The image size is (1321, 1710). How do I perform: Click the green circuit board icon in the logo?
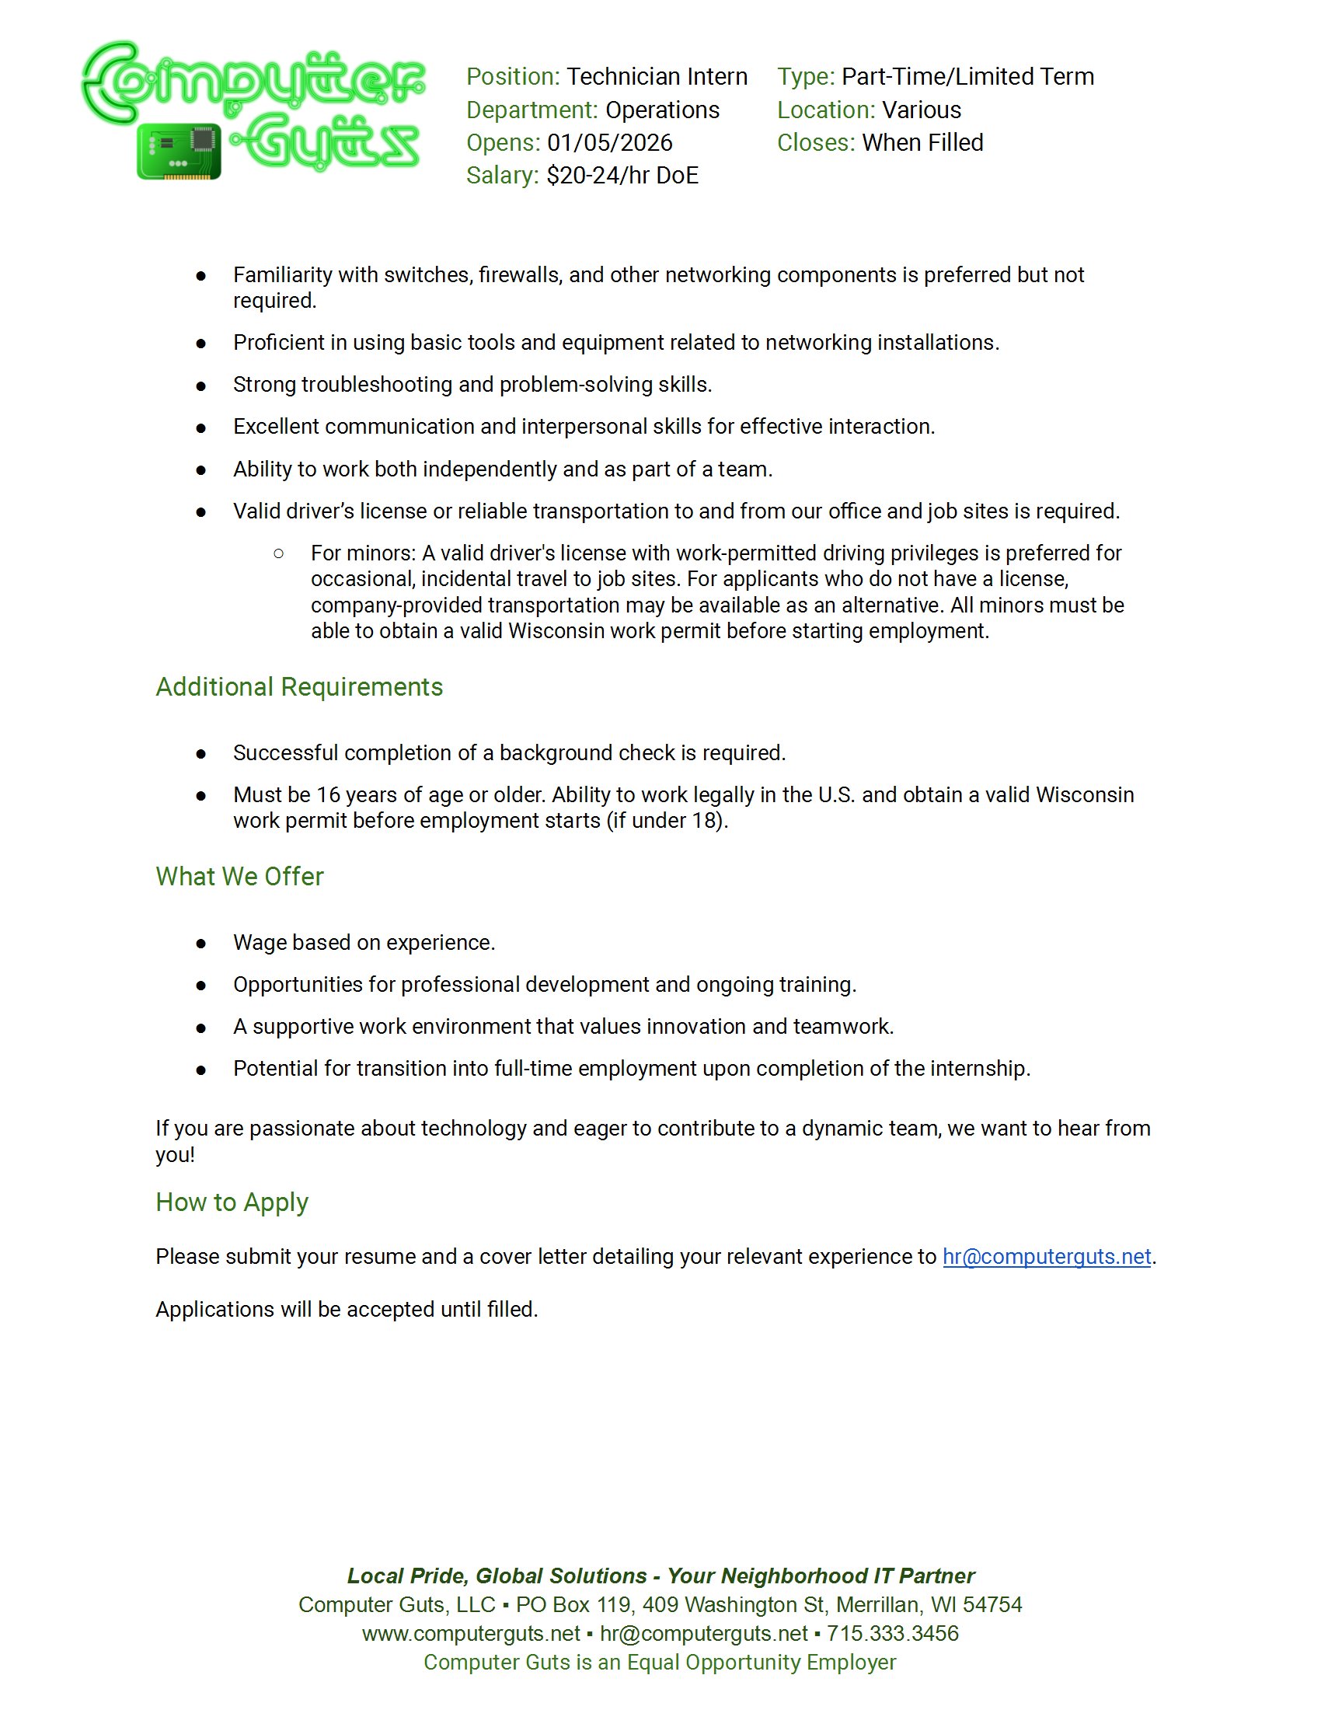[x=179, y=152]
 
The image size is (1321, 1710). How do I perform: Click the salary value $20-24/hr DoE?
[x=622, y=176]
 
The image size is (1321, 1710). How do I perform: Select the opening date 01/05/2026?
[x=610, y=142]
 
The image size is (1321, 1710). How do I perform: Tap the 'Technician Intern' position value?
[x=657, y=77]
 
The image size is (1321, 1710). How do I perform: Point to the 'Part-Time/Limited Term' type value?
[x=967, y=77]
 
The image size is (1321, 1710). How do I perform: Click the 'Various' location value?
[x=921, y=110]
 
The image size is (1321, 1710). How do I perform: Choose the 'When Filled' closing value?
[x=922, y=142]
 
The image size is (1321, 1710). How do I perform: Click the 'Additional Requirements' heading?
[x=299, y=686]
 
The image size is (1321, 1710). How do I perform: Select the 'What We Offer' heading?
[x=239, y=876]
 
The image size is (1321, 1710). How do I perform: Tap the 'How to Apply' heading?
[x=232, y=1202]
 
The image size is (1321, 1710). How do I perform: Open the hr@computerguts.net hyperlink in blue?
[x=1047, y=1256]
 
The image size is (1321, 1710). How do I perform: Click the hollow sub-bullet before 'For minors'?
[x=279, y=553]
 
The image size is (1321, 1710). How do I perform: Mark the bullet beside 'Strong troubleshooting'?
[x=201, y=386]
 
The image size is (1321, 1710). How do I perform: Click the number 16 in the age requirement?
[x=328, y=794]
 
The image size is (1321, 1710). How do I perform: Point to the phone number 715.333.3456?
[x=892, y=1633]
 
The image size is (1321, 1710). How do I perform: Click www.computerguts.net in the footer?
[x=470, y=1633]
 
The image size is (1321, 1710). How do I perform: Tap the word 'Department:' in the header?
[x=532, y=110]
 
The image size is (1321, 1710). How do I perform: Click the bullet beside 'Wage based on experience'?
[x=201, y=944]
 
